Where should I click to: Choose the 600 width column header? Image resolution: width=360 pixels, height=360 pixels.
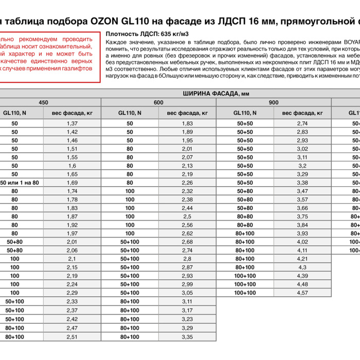(158, 102)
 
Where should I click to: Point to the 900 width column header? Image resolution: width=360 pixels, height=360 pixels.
(274, 102)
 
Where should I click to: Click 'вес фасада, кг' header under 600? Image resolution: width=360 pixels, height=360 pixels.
(187, 113)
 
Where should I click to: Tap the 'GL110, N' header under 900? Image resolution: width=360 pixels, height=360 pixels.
(245, 113)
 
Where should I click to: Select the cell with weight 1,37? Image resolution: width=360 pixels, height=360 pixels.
(72, 123)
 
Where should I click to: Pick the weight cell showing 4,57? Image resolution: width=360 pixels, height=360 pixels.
(302, 293)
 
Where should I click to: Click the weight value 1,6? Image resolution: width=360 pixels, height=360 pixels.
(72, 166)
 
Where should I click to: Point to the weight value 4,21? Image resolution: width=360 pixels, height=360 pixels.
(302, 259)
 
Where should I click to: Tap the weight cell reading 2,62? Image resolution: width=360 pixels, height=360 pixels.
(187, 233)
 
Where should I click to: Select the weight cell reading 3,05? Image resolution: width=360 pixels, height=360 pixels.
(187, 293)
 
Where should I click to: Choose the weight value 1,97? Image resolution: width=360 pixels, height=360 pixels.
(72, 233)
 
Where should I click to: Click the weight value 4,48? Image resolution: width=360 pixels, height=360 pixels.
(302, 284)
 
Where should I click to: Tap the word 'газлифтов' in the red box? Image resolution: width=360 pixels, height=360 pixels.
(76, 68)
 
